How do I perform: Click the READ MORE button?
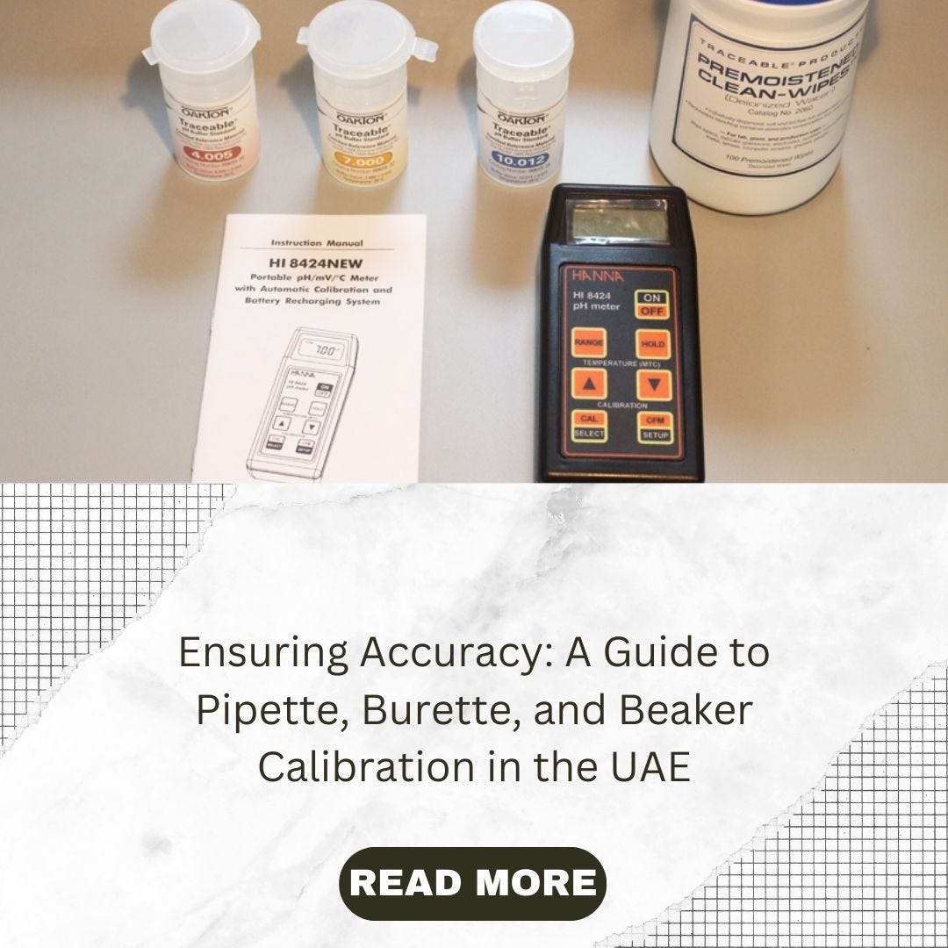(472, 883)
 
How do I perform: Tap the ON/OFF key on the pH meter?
(650, 303)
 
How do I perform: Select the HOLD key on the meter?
(653, 343)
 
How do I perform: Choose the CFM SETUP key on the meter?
(655, 427)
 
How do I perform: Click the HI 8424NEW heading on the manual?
(317, 262)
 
